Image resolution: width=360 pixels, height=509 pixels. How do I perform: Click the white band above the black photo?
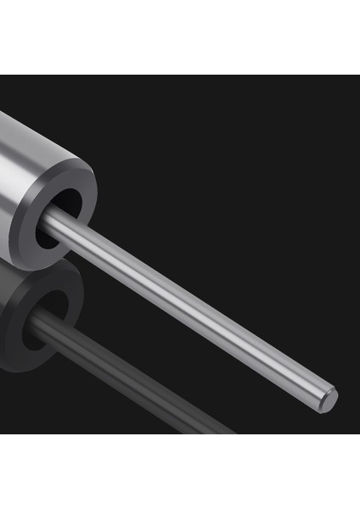click(180, 38)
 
